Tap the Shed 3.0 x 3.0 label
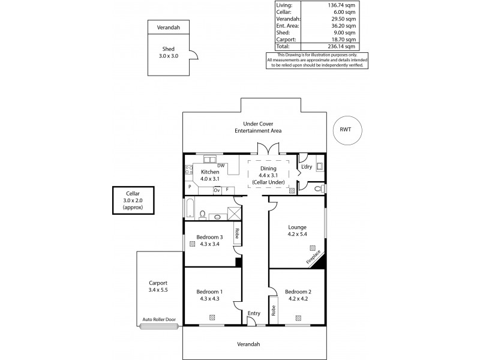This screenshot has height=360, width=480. (168, 53)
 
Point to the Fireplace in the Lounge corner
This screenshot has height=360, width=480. (314, 257)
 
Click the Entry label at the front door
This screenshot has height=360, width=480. (254, 313)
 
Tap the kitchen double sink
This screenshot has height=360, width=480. (210, 160)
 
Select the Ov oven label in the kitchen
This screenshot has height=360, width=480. (217, 190)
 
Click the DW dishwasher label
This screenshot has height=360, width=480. (221, 166)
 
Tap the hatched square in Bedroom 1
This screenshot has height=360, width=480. (214, 317)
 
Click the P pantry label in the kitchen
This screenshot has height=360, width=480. (190, 187)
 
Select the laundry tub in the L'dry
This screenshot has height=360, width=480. (319, 167)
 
